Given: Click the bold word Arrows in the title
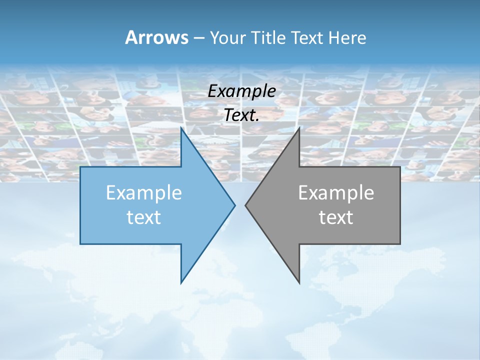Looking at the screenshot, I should coord(156,37).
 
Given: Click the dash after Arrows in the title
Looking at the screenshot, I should coord(198,38).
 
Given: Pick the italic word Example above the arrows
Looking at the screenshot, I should coord(241,91).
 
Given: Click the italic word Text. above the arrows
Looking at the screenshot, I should coord(241,115).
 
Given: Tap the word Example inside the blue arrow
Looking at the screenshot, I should coord(144,192).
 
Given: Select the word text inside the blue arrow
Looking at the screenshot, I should coord(144,217).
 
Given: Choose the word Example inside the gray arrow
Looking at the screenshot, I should coord(336,192).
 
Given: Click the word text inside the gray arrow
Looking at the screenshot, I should coord(336,217).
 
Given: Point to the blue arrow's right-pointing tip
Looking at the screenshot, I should coord(234,205).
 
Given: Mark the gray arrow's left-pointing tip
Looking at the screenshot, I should coord(245,205).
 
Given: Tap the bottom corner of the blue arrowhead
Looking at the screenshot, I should coord(181,282).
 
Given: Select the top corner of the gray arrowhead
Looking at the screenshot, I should coord(299,128).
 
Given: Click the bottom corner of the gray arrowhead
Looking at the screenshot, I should coord(299,282).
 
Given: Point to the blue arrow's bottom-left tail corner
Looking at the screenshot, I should coord(80,244).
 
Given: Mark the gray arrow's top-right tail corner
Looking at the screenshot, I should coord(400,167).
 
